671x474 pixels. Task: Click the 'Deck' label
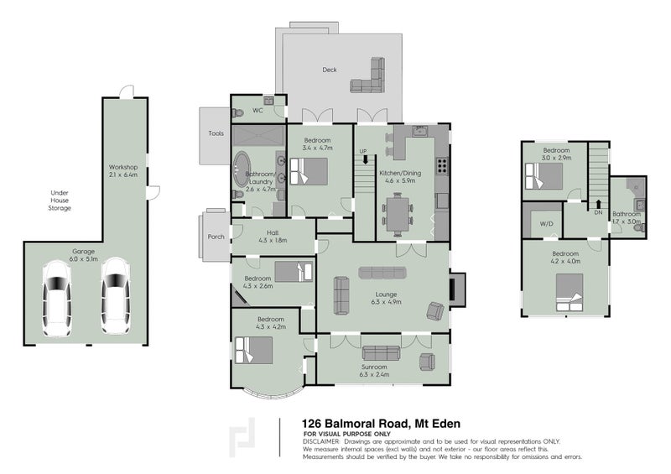[330, 70]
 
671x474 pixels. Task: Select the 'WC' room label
[257, 111]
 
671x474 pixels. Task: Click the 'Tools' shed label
[216, 133]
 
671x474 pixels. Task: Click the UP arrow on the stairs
[365, 159]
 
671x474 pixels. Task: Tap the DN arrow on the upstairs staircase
[598, 204]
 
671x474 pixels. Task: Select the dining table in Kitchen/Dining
[398, 214]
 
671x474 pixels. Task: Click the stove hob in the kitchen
[442, 166]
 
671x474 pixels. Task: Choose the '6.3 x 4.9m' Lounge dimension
[386, 302]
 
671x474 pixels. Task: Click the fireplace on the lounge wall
[456, 289]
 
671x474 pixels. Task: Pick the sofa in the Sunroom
[381, 353]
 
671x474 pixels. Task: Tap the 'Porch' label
[216, 237]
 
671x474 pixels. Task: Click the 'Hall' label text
[273, 233]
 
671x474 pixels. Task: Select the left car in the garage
[56, 299]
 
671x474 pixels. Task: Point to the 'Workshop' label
[122, 168]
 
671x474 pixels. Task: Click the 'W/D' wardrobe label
[546, 224]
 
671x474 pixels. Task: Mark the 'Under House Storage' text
[60, 201]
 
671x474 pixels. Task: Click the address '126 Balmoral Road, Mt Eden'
[382, 424]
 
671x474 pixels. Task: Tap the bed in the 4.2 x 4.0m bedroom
[570, 293]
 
